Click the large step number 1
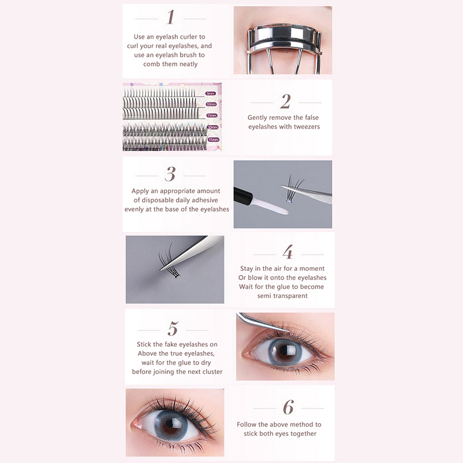170,17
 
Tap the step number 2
285,101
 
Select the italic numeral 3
170,174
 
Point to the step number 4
288,252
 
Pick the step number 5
173,328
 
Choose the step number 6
288,407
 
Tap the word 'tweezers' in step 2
306,127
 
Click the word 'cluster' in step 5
211,372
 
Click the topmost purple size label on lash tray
210,94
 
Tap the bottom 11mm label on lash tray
213,139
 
